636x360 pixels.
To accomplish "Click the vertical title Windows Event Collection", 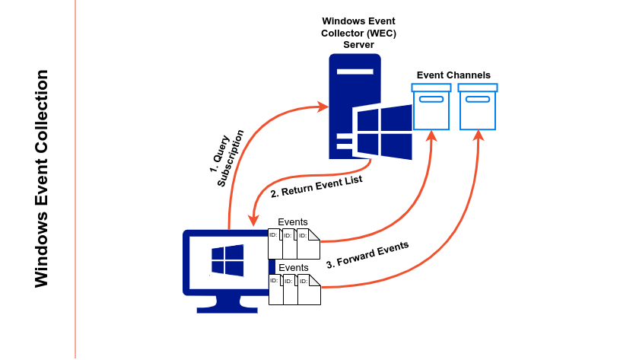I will click(42, 179).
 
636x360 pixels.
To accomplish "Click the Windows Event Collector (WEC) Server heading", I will click(358, 33).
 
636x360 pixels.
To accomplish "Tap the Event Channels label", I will click(453, 75).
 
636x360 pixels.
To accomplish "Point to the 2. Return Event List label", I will click(316, 186).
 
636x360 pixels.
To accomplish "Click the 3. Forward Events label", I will click(367, 254).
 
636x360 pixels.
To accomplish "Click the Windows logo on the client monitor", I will click(227, 260).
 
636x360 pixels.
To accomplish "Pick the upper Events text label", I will click(293, 222).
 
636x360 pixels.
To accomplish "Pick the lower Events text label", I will click(293, 268).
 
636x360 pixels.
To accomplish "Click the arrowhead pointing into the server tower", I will click(323, 107).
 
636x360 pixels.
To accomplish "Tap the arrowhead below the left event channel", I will click(432, 136).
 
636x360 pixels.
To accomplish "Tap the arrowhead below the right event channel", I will click(479, 136).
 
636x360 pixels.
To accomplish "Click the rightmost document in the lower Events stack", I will click(308, 290).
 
